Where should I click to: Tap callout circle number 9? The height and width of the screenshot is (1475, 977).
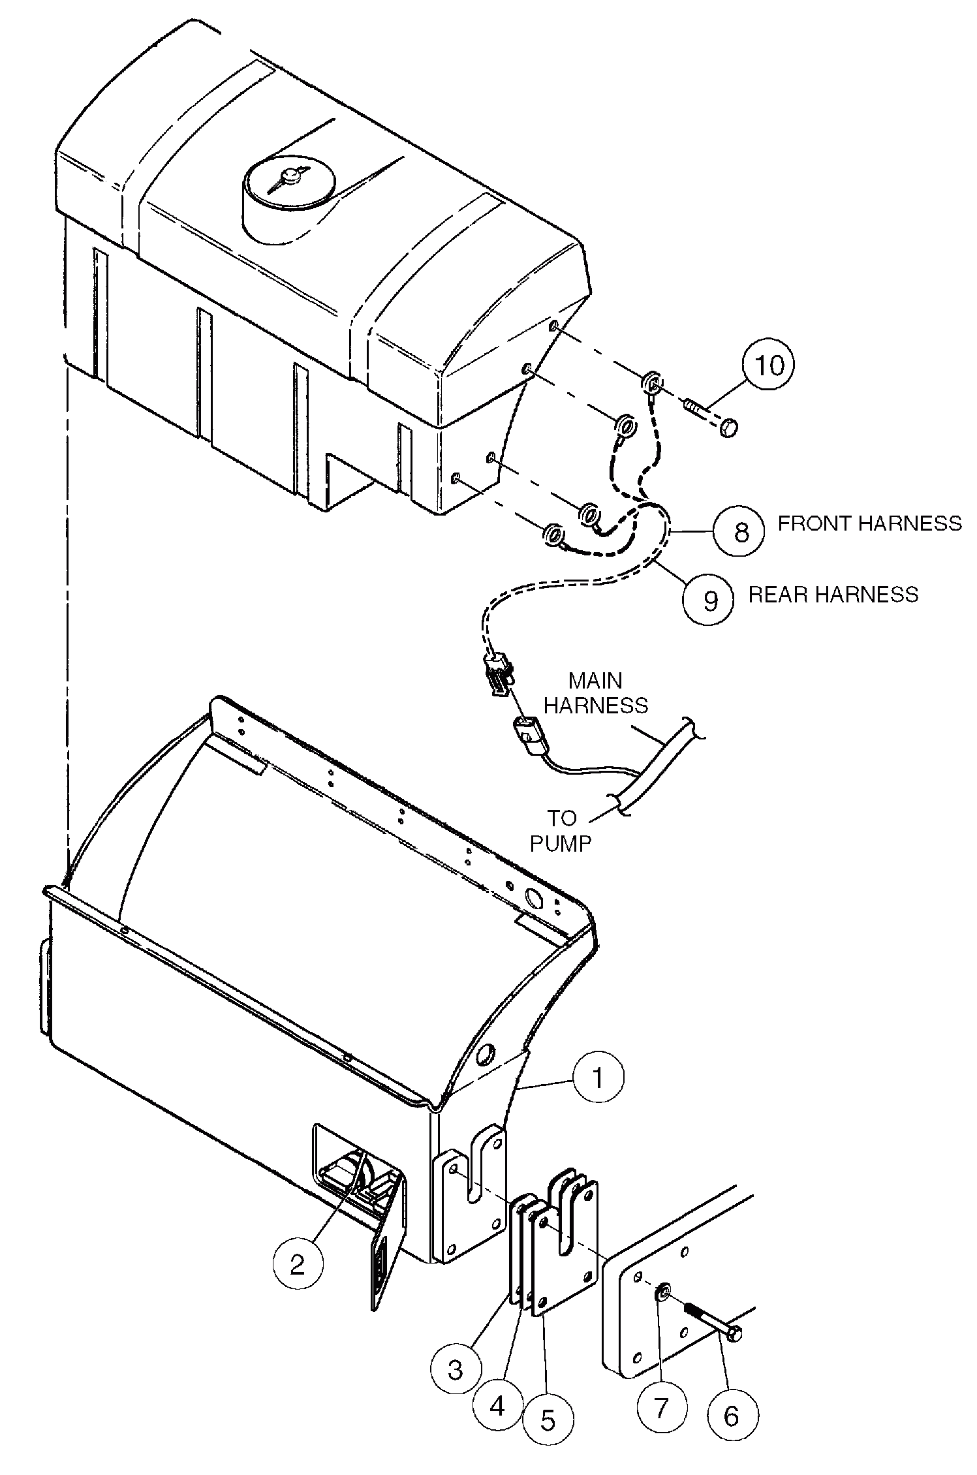pos(709,598)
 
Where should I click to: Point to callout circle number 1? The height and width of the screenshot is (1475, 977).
pos(598,1077)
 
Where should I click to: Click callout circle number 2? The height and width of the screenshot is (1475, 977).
pos(298,1265)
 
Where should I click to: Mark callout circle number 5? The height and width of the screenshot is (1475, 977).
pos(549,1419)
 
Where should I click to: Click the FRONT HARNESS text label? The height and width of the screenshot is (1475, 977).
pos(869,523)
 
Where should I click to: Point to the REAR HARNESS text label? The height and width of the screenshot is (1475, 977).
pos(833,595)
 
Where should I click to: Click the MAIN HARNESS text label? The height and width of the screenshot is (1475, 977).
pos(595,693)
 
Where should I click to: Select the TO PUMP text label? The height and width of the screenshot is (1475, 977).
pos(560,830)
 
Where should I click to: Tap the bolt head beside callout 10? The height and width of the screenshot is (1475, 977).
pos(728,428)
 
